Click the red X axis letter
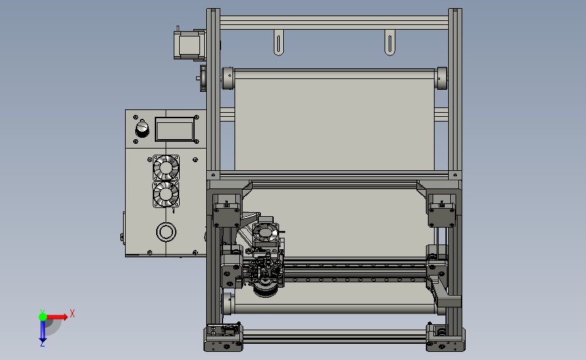pyautogui.click(x=72, y=313)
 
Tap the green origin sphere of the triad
pyautogui.click(x=43, y=317)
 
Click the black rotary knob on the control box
pyautogui.click(x=142, y=128)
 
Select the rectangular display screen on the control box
pyautogui.click(x=174, y=129)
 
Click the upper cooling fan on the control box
pyautogui.click(x=166, y=168)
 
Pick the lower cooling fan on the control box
pyautogui.click(x=166, y=195)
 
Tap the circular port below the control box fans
pyautogui.click(x=166, y=232)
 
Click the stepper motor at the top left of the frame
pyautogui.click(x=189, y=45)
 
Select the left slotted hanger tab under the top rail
pyautogui.click(x=278, y=43)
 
